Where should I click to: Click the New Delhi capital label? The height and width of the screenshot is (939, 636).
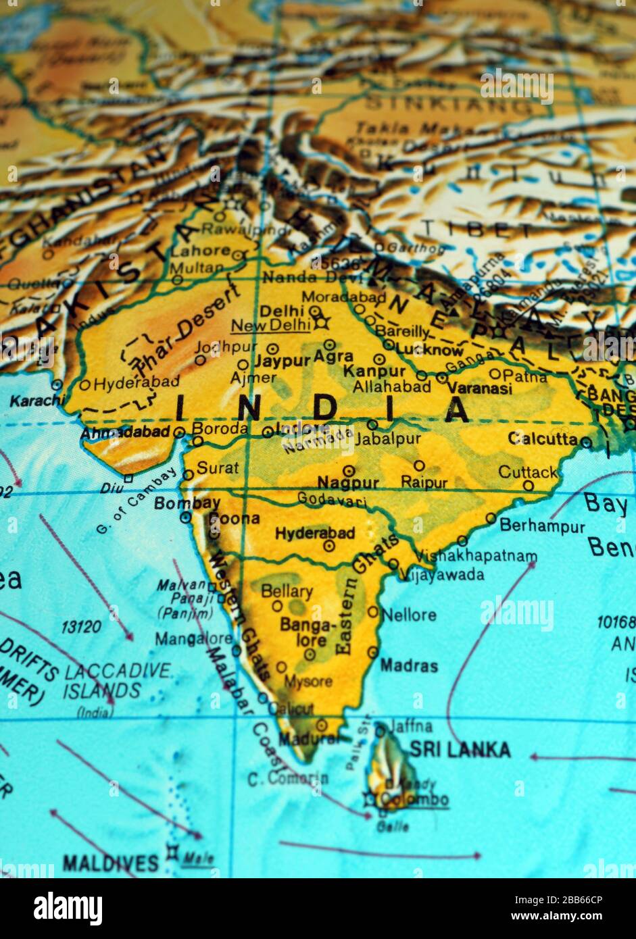coord(270,326)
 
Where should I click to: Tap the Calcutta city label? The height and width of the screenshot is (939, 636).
coord(542,438)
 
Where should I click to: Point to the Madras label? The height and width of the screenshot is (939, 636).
coord(409,665)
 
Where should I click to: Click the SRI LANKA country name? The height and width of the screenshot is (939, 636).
coord(460,749)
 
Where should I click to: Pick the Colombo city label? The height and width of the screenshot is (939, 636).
coord(414,800)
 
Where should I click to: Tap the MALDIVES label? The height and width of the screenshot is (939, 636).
coord(110,863)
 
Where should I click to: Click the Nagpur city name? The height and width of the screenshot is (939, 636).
coord(348,482)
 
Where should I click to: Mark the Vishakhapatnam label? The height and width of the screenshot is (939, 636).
coord(476,556)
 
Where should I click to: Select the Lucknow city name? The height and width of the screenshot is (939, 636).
coord(429,350)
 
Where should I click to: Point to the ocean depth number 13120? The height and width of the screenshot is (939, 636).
coord(81,627)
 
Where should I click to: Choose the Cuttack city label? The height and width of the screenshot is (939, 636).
coord(528,472)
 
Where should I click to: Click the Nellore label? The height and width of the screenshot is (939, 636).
coord(409,615)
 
